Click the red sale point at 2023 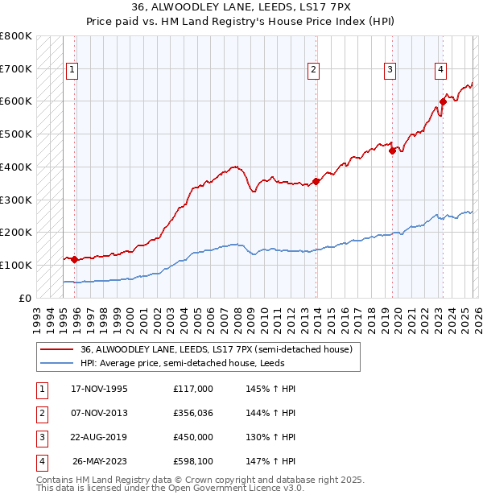point(443,101)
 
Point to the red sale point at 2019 point(392,150)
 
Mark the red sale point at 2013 point(316,181)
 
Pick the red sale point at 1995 point(74,259)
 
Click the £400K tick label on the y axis point(16,167)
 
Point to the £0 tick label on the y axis point(24,298)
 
